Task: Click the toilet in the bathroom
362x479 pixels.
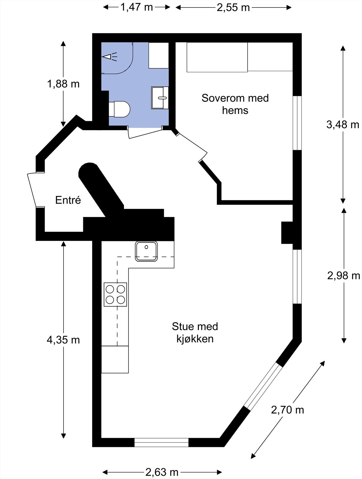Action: (x=119, y=109)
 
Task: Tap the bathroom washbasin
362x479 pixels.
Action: (x=160, y=98)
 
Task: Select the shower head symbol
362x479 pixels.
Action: (x=110, y=57)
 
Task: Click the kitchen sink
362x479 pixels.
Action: (x=146, y=251)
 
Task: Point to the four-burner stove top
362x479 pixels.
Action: (x=115, y=294)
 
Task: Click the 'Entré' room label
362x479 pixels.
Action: (x=68, y=200)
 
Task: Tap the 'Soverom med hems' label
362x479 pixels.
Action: (x=235, y=104)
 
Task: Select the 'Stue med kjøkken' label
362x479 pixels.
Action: (x=195, y=332)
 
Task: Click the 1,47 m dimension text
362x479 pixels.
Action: (x=137, y=7)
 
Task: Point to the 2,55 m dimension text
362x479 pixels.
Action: (x=233, y=8)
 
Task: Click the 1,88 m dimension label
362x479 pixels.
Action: (x=63, y=84)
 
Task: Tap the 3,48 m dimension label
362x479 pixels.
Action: (x=343, y=124)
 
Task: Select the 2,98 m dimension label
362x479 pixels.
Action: (x=343, y=275)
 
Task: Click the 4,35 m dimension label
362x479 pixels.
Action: (x=63, y=340)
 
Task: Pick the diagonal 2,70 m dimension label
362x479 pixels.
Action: (x=287, y=410)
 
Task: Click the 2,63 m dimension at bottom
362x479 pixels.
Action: (x=162, y=472)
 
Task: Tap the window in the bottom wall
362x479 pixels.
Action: (x=161, y=442)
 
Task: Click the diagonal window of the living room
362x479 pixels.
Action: (x=263, y=386)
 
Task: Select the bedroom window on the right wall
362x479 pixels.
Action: (x=297, y=123)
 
